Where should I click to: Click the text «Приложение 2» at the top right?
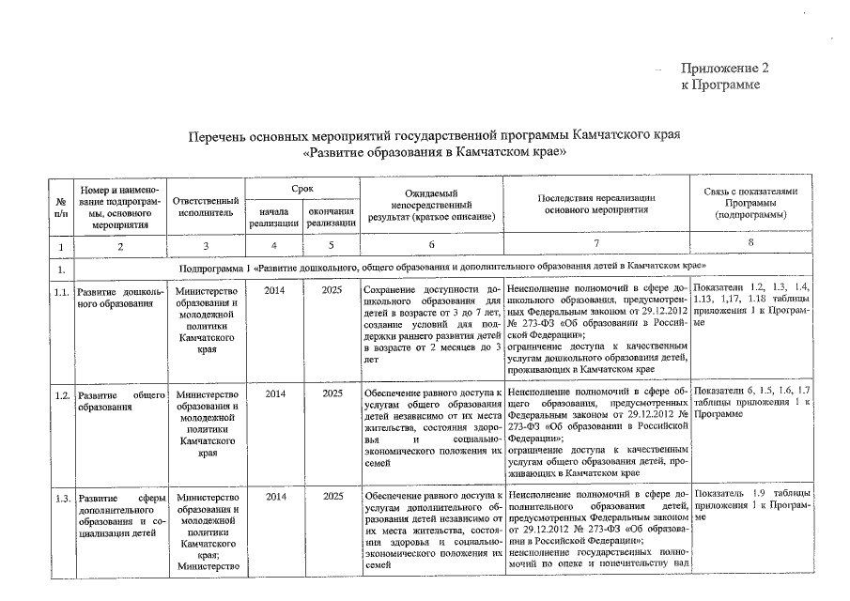coord(724,69)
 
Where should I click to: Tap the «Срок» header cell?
coord(302,190)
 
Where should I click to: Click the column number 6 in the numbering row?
coord(431,247)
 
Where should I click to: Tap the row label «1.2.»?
coord(62,395)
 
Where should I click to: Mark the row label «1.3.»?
coord(62,497)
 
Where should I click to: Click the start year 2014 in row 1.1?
coord(274,291)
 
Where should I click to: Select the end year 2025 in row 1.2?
coord(332,394)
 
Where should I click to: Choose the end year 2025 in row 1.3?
coord(332,497)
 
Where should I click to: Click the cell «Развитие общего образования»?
coord(120,401)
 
